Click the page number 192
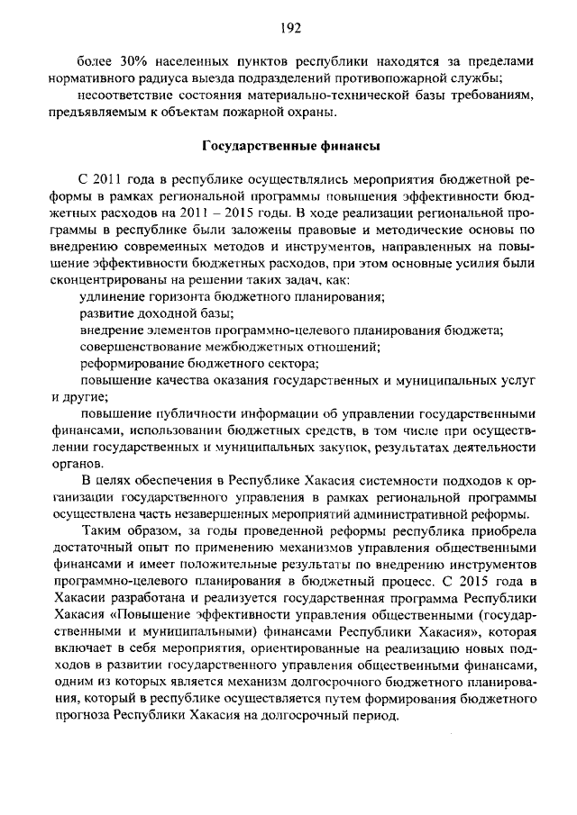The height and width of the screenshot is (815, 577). click(x=288, y=28)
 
